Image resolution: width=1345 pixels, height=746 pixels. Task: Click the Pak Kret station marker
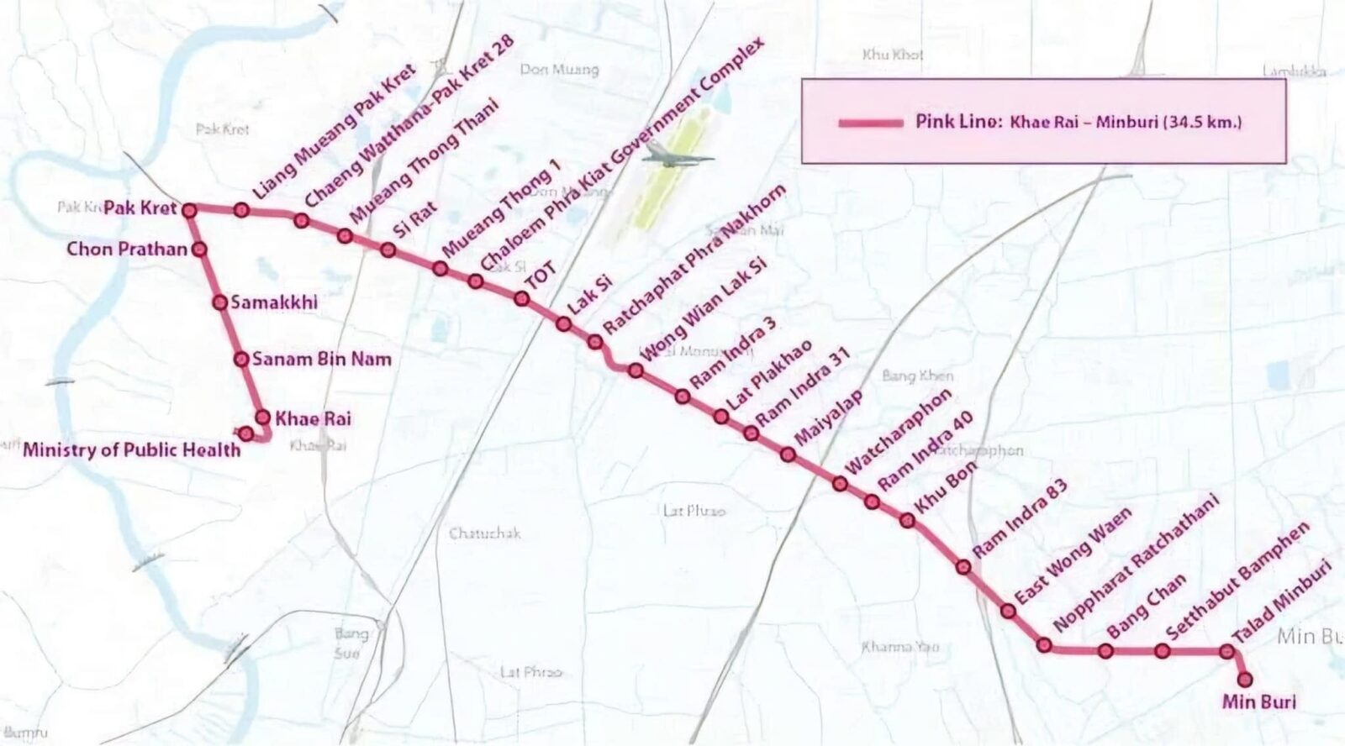pyautogui.click(x=189, y=209)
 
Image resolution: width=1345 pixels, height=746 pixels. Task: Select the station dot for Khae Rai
pyautogui.click(x=262, y=417)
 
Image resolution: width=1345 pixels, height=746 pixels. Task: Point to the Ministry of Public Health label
pyautogui.click(x=131, y=449)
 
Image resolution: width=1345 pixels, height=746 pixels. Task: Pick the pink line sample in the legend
pyautogui.click(x=871, y=123)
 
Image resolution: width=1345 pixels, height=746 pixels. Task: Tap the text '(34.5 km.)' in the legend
pyautogui.click(x=1202, y=122)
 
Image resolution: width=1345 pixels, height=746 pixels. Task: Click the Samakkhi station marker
pyautogui.click(x=219, y=302)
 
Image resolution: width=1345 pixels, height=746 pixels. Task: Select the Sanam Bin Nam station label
pyautogui.click(x=321, y=360)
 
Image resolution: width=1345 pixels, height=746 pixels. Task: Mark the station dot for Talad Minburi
pyautogui.click(x=1226, y=651)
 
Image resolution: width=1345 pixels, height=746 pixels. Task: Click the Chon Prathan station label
pyautogui.click(x=127, y=249)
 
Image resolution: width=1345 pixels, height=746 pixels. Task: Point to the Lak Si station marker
pyautogui.click(x=564, y=323)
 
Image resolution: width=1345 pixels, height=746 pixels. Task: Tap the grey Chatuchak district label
pyautogui.click(x=485, y=533)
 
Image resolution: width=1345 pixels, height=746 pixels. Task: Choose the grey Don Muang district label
pyautogui.click(x=559, y=69)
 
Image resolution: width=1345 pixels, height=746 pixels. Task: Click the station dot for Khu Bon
pyautogui.click(x=907, y=521)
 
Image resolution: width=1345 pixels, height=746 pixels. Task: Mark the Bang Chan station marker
pyautogui.click(x=1106, y=651)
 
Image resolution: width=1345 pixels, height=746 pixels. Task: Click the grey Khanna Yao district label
pyautogui.click(x=900, y=647)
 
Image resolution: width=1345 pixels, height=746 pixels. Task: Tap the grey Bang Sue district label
pyautogui.click(x=351, y=643)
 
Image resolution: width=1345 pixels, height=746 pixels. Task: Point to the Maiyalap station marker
pyautogui.click(x=788, y=454)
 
